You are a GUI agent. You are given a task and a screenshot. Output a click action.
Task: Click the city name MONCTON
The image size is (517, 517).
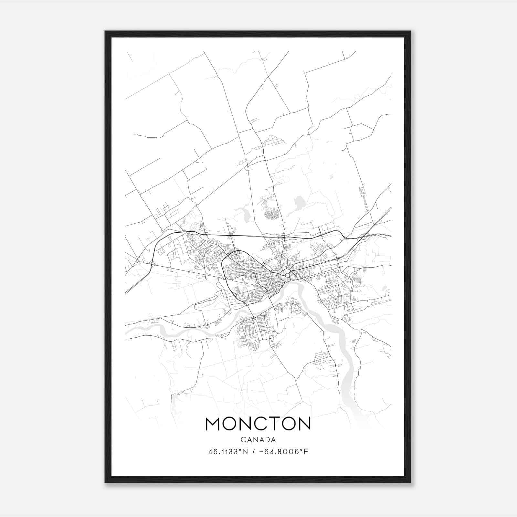click(x=258, y=424)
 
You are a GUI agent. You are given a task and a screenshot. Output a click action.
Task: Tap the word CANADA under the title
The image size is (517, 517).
click(x=258, y=440)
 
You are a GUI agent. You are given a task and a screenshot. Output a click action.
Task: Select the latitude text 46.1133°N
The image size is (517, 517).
click(x=228, y=452)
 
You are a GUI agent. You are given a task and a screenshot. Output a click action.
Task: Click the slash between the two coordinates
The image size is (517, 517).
click(x=256, y=452)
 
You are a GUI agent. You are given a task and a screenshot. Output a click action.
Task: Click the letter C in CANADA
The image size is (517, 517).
click(x=243, y=440)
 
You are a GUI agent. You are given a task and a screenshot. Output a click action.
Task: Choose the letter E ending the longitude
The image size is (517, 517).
click(x=306, y=452)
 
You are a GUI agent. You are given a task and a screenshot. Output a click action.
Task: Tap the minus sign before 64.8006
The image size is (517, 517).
click(x=265, y=452)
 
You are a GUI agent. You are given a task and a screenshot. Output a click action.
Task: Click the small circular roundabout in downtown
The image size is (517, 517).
click(x=287, y=275)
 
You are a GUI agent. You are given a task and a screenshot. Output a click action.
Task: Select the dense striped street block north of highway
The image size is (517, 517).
click(x=271, y=214)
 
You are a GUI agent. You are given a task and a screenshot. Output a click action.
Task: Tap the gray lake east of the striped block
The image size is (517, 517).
click(x=299, y=203)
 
